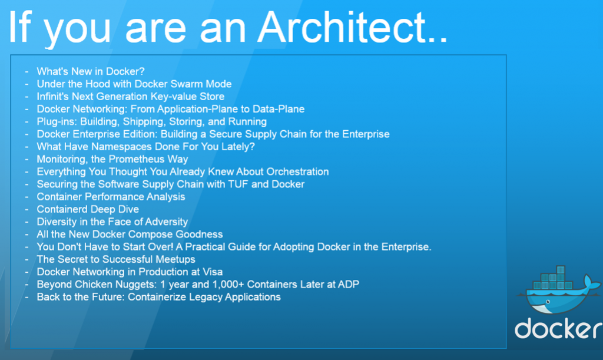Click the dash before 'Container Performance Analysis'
[26, 197]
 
